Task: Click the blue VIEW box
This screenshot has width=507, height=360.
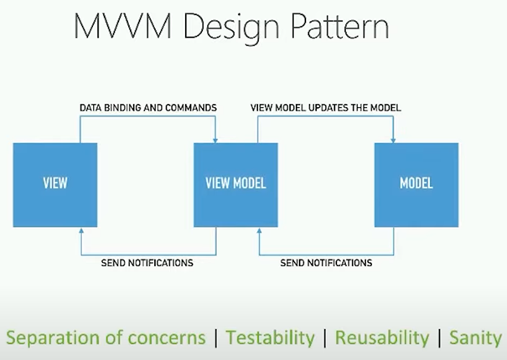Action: (55, 185)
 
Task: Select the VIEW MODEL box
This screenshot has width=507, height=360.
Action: (235, 185)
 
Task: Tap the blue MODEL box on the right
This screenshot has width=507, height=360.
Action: (416, 185)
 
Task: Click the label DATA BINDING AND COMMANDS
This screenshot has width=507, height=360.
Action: (148, 108)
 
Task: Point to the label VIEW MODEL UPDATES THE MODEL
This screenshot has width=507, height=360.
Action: (326, 108)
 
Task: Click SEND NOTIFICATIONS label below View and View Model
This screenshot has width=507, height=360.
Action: (147, 263)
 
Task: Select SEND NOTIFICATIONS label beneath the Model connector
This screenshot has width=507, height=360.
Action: (326, 263)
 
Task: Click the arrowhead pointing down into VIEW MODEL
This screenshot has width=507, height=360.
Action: (215, 141)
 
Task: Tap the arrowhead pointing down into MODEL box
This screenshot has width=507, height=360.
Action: (393, 141)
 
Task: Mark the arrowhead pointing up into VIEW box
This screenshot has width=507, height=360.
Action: (81, 230)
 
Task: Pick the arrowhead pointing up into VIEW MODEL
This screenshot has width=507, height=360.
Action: (259, 230)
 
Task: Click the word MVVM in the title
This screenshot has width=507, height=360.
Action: (122, 26)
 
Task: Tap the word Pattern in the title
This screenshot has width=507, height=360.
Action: (340, 26)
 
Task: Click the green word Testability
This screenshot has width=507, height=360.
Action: (271, 338)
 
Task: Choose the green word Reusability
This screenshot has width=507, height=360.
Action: (382, 338)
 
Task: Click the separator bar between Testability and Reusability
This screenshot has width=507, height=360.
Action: (325, 338)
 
